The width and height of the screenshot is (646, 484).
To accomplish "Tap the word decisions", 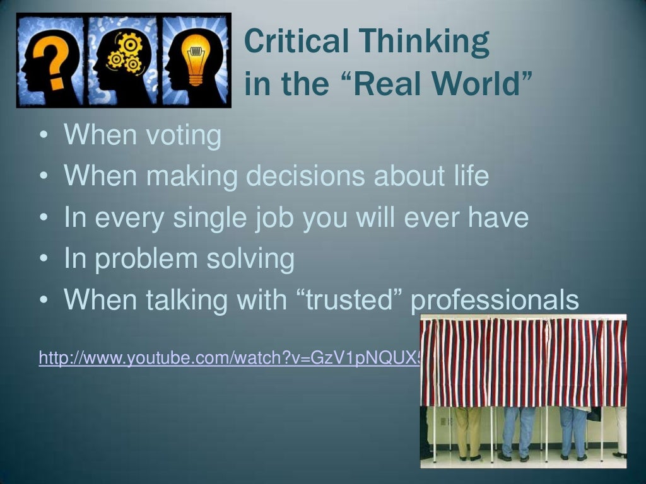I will click(307, 177).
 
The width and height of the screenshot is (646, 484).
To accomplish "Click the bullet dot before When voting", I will click(42, 137).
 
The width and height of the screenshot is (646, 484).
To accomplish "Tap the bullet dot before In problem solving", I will click(42, 260).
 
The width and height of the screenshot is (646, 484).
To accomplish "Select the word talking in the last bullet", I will click(187, 301).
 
